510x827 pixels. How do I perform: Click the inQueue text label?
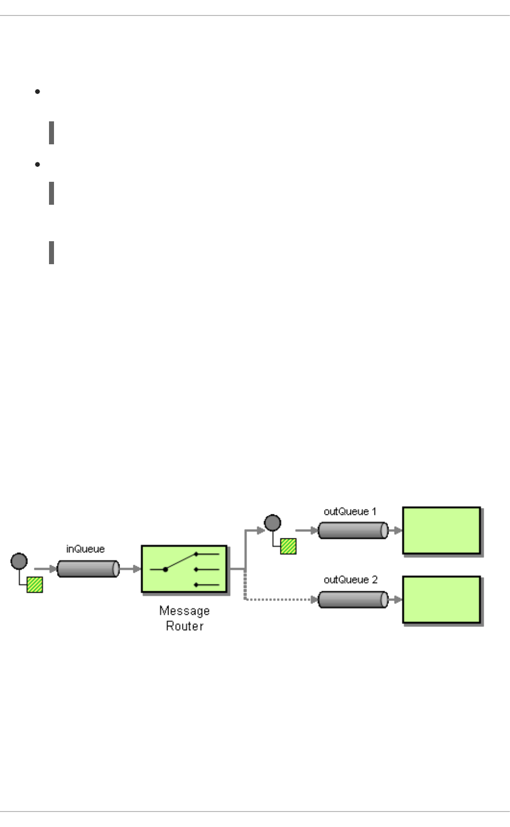(85, 549)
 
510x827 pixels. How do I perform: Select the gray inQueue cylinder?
(88, 569)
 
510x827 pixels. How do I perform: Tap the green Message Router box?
(184, 569)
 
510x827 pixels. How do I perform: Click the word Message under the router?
(184, 611)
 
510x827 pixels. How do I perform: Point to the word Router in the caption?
(184, 626)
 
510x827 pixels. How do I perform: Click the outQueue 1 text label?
(350, 511)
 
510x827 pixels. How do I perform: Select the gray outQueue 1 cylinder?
(353, 530)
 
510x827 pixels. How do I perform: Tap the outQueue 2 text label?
(350, 580)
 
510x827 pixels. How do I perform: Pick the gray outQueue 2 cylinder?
(353, 599)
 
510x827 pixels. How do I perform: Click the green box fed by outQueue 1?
(441, 531)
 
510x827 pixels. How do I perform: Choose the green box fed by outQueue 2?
(441, 600)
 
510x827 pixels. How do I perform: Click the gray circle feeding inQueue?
(19, 561)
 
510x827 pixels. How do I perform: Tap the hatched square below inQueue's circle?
(34, 585)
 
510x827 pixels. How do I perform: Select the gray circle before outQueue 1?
(272, 523)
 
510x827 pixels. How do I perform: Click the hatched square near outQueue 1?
(288, 546)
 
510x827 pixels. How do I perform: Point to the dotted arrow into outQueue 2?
(280, 599)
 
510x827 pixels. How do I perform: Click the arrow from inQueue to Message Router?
(130, 569)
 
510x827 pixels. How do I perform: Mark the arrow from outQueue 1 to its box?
(395, 530)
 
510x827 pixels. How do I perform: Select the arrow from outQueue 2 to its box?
(395, 599)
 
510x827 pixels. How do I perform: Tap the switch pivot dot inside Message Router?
(165, 569)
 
